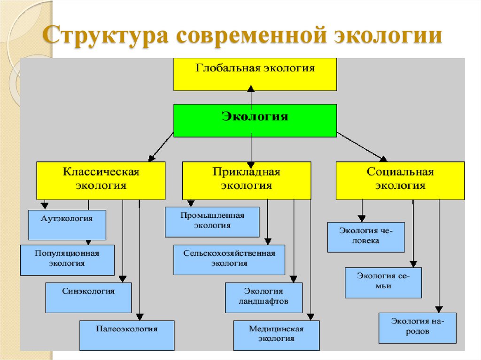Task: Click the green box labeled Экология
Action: (255, 120)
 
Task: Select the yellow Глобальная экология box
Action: (255, 74)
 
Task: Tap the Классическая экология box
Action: (101, 181)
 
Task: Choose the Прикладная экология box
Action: (247, 181)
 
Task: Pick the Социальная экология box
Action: (400, 181)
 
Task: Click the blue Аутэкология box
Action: (67, 225)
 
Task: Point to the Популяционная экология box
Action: (67, 260)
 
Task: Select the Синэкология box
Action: (88, 298)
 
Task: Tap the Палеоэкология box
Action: (127, 335)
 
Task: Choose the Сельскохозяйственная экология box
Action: (229, 260)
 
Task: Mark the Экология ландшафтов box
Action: (264, 298)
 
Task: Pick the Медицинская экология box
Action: (276, 335)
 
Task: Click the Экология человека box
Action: (366, 237)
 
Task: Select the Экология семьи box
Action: (383, 283)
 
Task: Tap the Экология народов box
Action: (417, 328)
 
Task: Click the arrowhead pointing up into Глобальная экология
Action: (251, 89)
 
